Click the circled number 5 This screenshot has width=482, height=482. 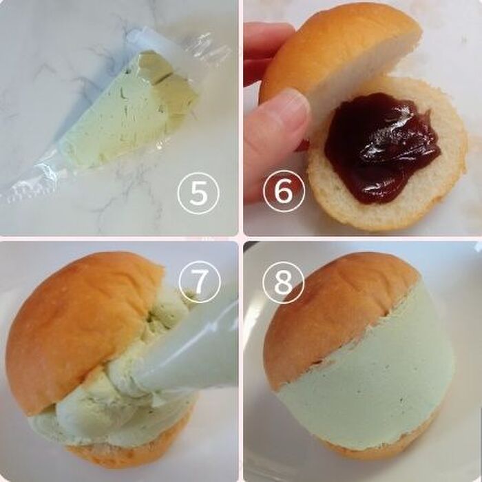tap(198, 193)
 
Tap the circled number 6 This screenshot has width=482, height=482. tap(284, 191)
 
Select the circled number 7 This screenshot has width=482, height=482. tap(200, 282)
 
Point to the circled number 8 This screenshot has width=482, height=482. tap(284, 282)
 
